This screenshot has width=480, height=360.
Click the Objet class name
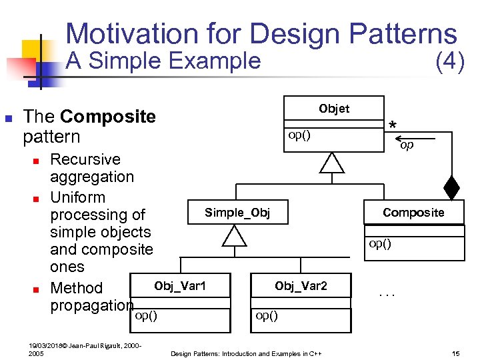tap(333, 109)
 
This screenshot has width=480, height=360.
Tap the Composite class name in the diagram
tap(413, 213)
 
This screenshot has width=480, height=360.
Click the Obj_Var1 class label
tap(180, 286)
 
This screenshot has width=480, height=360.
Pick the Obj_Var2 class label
tap(301, 286)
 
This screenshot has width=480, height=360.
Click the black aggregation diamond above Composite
tap(452, 187)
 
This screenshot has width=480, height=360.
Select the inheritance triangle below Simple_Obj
tap(235, 235)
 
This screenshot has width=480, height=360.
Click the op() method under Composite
tap(379, 243)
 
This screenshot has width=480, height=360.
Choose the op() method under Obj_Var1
tap(146, 315)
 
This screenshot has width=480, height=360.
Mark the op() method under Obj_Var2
tap(267, 315)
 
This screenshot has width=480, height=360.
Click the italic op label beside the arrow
tap(407, 145)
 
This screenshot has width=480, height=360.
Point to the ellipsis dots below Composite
tap(387, 293)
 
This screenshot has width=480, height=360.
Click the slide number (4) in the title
tap(449, 62)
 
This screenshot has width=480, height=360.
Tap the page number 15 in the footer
tap(456, 353)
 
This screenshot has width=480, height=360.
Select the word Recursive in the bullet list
tap(85, 159)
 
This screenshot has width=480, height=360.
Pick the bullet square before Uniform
tap(37, 198)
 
